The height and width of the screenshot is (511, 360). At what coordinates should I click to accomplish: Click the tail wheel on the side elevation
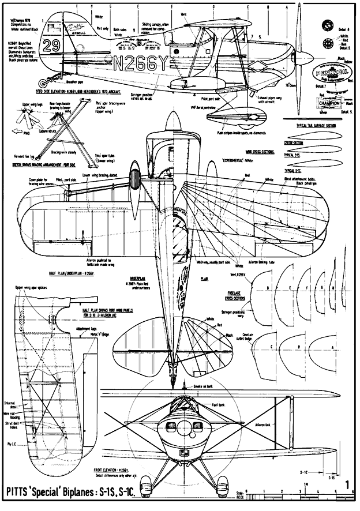point(51,76)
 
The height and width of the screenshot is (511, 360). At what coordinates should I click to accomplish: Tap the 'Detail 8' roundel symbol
point(327,25)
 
